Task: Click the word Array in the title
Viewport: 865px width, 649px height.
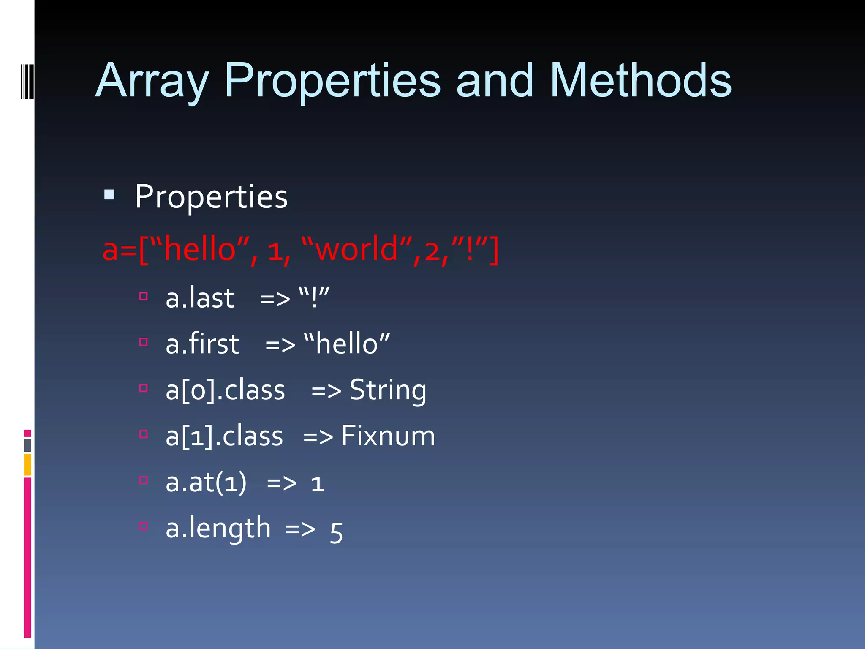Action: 152,81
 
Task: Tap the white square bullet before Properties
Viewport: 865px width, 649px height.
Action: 109,195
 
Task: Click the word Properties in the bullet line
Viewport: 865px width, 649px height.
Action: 211,197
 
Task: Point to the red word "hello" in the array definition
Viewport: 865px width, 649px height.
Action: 200,249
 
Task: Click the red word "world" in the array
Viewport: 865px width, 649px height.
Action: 357,249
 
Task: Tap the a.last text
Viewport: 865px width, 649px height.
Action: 199,297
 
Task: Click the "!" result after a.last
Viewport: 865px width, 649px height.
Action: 314,297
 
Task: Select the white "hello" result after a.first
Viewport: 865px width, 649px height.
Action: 347,343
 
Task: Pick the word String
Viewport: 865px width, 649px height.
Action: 388,390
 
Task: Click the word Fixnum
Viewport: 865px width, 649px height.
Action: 388,436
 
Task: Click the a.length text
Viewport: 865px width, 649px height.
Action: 218,528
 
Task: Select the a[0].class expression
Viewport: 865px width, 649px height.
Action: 225,390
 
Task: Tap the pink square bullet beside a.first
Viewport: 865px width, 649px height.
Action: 144,342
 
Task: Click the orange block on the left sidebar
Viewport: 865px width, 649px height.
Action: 27,464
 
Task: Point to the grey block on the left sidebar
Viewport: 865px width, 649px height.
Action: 27,445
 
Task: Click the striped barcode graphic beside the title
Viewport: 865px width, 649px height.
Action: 27,82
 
